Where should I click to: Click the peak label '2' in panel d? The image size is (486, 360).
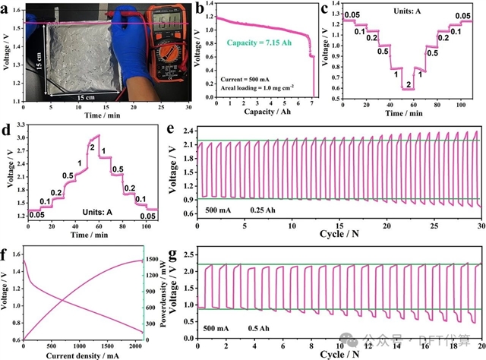tap(92, 147)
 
